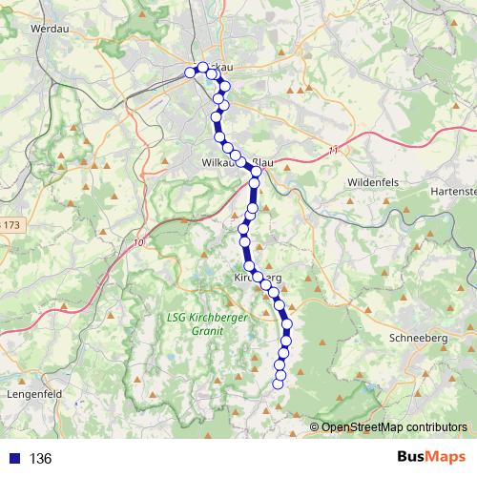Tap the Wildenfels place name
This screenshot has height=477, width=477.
(372, 180)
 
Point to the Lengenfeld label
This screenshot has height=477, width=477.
(34, 392)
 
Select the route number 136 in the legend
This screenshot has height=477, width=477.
(41, 459)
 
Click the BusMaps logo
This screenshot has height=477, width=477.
(425, 458)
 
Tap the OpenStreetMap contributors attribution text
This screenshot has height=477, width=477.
(394, 427)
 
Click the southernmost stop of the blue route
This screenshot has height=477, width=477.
(279, 384)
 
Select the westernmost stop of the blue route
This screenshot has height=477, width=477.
(190, 73)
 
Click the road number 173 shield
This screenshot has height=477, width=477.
(10, 225)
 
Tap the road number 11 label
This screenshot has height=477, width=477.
(333, 151)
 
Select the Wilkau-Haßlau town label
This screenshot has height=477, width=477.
(238, 163)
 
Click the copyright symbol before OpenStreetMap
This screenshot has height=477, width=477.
(315, 427)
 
